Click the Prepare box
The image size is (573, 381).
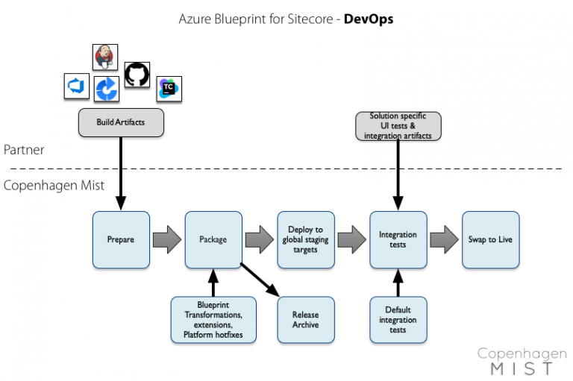coord(121,239)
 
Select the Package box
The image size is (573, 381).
coord(213,239)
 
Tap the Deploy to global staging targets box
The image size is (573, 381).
coord(306,239)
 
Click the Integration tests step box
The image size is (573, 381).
coord(398,239)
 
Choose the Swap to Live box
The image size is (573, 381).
coord(490,239)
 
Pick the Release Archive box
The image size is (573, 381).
coord(306,320)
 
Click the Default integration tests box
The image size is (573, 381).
coord(398,320)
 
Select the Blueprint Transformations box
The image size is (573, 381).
coord(213,320)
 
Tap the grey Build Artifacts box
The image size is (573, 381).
coord(121,122)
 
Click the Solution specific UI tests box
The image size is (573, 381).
coord(398,125)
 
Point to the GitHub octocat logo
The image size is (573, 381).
coord(137,75)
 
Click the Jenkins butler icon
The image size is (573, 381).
coord(104,57)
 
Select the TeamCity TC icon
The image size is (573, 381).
coord(169,89)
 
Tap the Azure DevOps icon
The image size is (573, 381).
coord(77,86)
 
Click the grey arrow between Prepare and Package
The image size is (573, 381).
coord(167,239)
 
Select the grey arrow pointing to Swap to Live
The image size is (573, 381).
coord(444,239)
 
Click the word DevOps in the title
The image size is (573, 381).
coord(368,19)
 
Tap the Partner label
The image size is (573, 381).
coord(24,150)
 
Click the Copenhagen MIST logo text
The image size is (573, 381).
coord(516,361)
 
